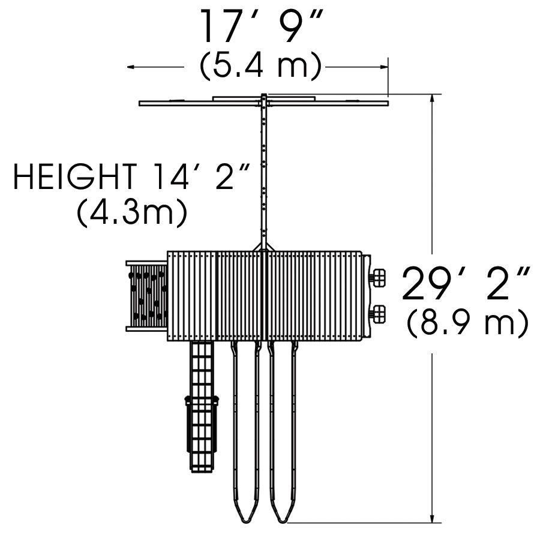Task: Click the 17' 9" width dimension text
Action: pyautogui.click(x=262, y=27)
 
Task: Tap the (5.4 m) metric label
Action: pyautogui.click(x=261, y=67)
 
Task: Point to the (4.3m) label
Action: pyautogui.click(x=132, y=213)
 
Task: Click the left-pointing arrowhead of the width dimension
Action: pyautogui.click(x=131, y=67)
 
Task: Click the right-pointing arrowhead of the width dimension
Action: pyautogui.click(x=385, y=67)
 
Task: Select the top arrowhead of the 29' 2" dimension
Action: pyautogui.click(x=432, y=98)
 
